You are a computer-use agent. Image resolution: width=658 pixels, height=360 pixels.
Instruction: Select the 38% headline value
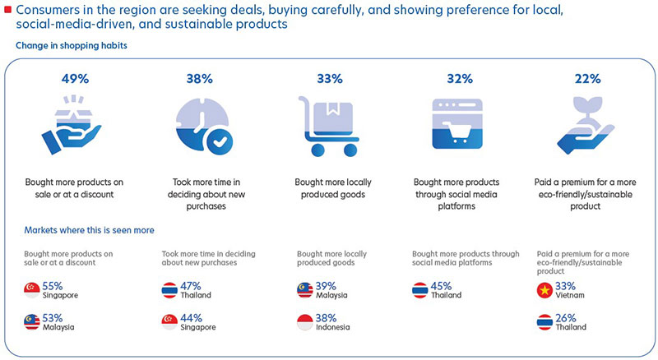[x=200, y=80]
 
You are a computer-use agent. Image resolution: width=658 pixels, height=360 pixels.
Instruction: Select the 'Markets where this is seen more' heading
[x=90, y=230]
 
